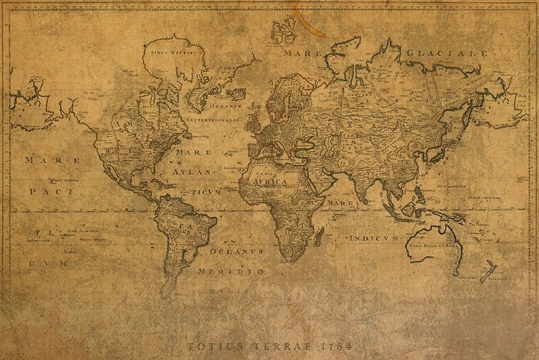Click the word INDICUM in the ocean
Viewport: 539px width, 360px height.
tap(375, 239)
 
